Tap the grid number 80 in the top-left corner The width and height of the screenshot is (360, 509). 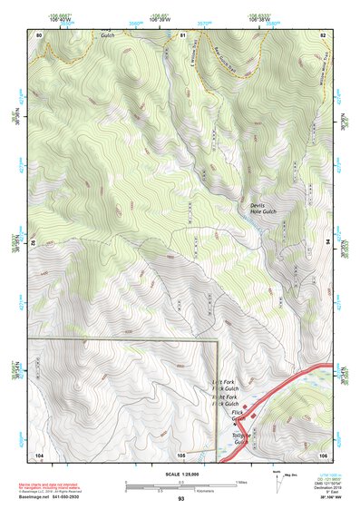(39, 34)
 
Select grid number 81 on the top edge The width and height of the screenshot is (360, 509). (182, 34)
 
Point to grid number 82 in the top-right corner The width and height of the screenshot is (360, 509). (322, 34)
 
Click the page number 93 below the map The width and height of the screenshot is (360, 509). (181, 499)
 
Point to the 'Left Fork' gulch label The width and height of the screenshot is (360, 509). (224, 382)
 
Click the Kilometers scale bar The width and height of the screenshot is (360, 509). (180, 488)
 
